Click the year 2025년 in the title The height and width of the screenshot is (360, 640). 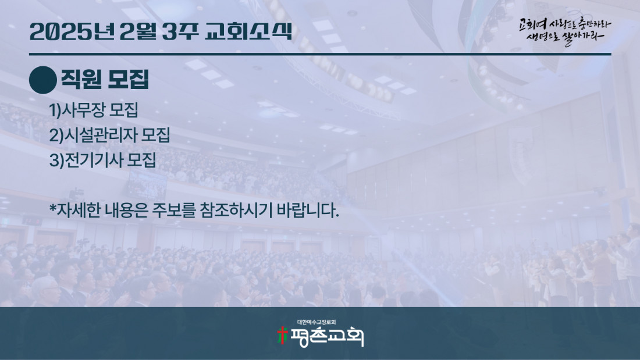click(72, 31)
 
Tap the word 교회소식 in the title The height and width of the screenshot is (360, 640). click(248, 31)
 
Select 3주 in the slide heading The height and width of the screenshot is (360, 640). click(180, 31)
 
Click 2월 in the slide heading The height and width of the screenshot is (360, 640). click(138, 31)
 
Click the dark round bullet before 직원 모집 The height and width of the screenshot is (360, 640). click(43, 80)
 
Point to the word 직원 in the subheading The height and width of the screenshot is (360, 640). click(81, 79)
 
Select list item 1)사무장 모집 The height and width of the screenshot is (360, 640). click(94, 110)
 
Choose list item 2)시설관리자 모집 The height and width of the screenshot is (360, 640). click(109, 135)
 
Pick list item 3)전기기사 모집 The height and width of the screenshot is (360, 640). click(102, 160)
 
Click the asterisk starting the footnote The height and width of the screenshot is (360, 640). click(52, 208)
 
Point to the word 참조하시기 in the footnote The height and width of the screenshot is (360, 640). click(236, 210)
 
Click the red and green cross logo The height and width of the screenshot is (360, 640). click(282, 336)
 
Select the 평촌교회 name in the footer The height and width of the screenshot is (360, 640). click(326, 337)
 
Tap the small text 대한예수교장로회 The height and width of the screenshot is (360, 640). click(317, 322)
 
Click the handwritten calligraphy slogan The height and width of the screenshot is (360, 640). click(565, 31)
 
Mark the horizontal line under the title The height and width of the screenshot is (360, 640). click(320, 54)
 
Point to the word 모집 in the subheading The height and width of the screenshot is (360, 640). click(128, 79)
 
